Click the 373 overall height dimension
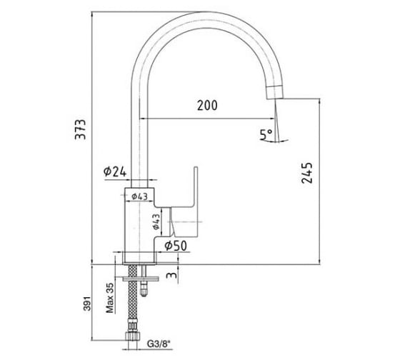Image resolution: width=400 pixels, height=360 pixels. pos(81,129)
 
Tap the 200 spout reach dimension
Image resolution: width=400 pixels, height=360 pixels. pos(207,106)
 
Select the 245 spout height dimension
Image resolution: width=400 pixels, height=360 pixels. pos(307,173)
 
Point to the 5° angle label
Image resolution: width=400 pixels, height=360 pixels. pos(266,134)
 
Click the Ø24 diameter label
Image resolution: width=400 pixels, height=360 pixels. pos(115,171)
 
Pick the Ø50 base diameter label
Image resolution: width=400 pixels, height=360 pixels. pos(176,246)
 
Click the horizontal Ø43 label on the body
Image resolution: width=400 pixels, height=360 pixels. pos(139,196)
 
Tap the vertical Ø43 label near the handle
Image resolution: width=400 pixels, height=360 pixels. pos(156,221)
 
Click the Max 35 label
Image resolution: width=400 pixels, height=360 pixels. pos(110,298)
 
